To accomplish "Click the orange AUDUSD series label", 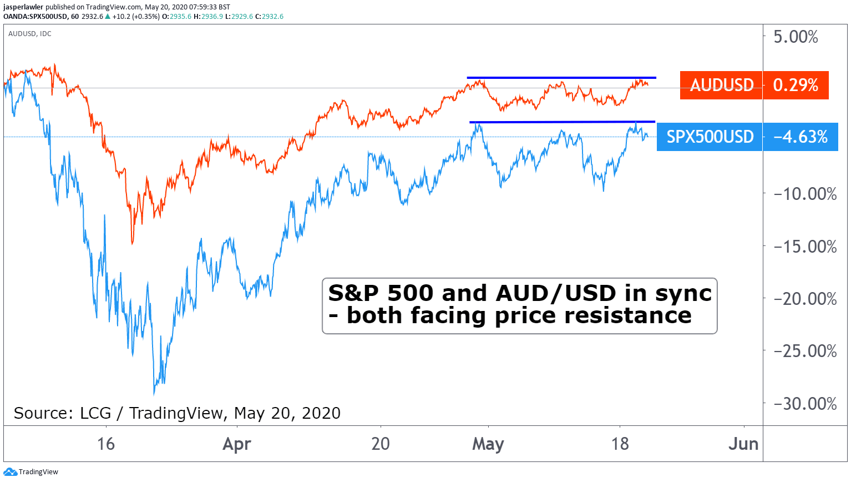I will click(721, 85).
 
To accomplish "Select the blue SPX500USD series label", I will click(710, 137).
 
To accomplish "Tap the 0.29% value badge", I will click(796, 85).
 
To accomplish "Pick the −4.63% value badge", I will click(801, 137).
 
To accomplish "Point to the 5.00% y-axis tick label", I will click(796, 37).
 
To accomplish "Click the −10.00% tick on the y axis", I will click(805, 194).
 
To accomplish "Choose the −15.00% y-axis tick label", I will click(805, 247).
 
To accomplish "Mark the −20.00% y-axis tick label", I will click(805, 299).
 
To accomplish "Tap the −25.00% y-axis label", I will click(805, 351).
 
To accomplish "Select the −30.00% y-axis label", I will click(805, 404).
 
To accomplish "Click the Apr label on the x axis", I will click(237, 444).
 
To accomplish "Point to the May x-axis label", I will click(488, 444).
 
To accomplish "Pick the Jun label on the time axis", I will click(743, 444).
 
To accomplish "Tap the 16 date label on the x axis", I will click(106, 444).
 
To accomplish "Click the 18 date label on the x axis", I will click(620, 444).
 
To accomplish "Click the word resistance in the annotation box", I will click(628, 316).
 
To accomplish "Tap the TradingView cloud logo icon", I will click(10, 472).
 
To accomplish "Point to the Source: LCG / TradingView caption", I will click(177, 413).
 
